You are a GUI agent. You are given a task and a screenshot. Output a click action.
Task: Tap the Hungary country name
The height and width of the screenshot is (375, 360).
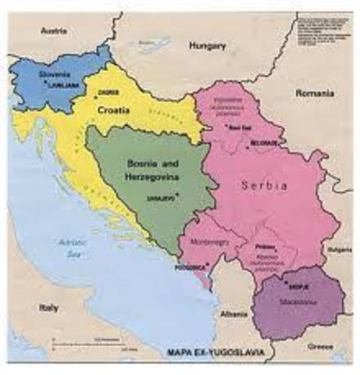pos(206,46)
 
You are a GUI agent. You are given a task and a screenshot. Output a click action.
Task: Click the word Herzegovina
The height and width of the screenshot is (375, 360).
pos(150,178)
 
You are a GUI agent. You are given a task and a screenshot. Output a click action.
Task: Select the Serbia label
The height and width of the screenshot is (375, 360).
pos(266,186)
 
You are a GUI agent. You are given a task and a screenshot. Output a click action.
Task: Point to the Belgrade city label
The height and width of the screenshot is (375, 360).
pos(262,145)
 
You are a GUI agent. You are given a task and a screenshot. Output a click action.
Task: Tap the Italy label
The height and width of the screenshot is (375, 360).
pos(48,307)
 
